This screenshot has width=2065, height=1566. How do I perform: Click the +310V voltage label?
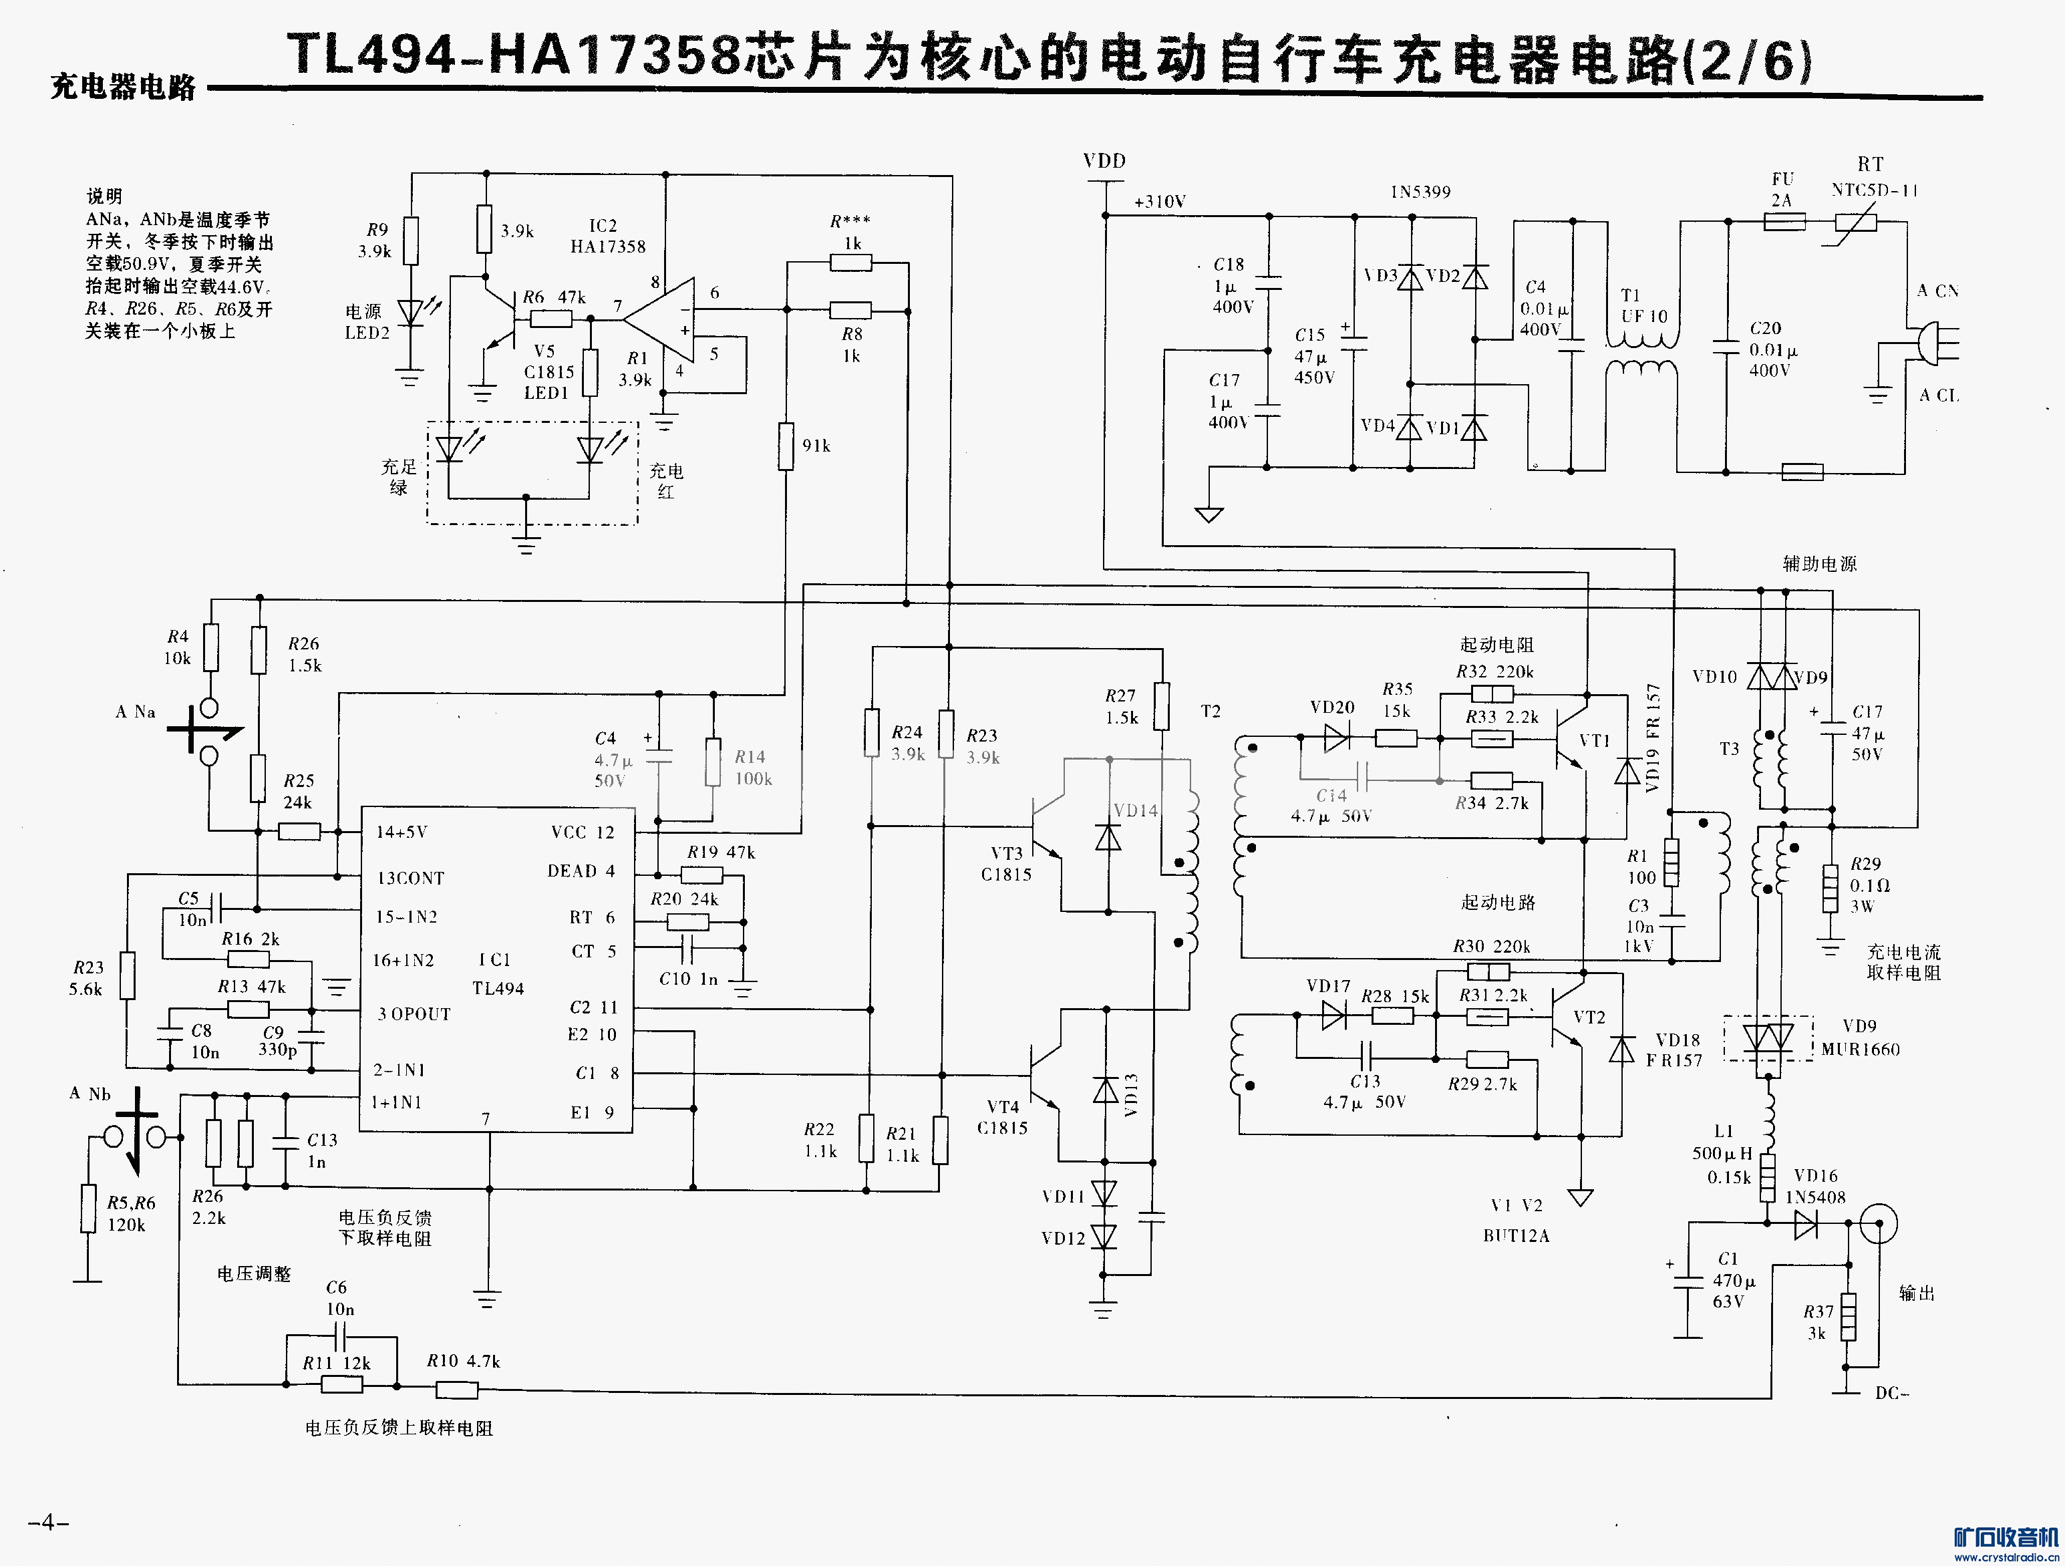tap(1160, 202)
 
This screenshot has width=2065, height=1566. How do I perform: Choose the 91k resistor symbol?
tap(786, 446)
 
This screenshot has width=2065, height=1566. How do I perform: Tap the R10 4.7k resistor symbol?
tap(458, 1390)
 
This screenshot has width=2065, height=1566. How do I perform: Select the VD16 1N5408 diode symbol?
tap(1806, 1224)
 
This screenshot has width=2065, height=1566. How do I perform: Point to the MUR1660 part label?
tap(1861, 1050)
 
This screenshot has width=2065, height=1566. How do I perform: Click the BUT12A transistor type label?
tap(1516, 1235)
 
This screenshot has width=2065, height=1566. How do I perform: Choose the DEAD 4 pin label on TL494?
tap(581, 871)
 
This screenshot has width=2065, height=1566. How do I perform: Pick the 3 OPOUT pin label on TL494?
tap(414, 1014)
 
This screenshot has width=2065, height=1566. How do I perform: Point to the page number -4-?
tap(49, 1523)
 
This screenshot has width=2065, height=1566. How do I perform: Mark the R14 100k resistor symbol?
tap(713, 763)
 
